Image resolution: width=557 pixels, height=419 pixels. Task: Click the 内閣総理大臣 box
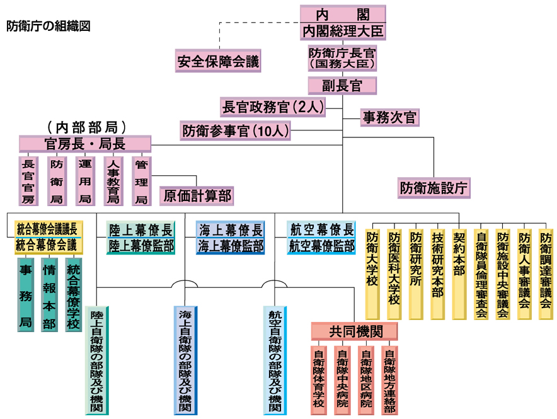(342, 30)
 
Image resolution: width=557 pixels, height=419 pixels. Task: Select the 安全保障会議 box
(218, 61)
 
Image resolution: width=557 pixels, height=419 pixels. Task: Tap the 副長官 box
(342, 86)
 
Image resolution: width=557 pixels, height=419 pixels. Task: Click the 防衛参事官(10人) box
(236, 130)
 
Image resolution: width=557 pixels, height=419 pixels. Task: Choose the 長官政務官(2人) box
(272, 107)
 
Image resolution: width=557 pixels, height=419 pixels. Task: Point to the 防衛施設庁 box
(435, 187)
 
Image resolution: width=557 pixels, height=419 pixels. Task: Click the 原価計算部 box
(197, 196)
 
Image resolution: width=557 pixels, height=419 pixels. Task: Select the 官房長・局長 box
(84, 144)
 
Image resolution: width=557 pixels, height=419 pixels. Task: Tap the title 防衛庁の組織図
(49, 26)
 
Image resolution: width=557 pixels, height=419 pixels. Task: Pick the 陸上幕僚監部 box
(141, 246)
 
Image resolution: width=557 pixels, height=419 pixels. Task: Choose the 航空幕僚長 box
(321, 229)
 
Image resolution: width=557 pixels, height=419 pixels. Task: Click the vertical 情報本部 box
(49, 294)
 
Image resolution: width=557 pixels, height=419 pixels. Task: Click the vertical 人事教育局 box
(113, 181)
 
